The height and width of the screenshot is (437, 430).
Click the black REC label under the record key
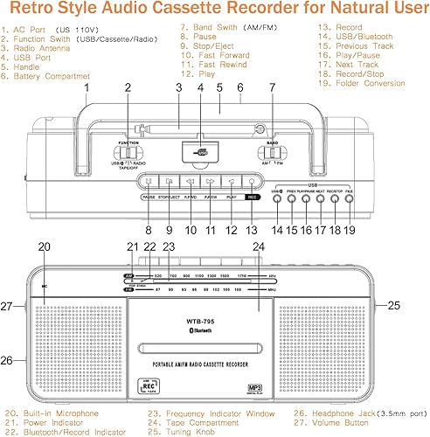(x=252, y=198)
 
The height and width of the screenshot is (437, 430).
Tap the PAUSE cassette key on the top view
(x=149, y=182)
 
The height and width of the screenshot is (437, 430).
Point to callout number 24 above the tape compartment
(x=259, y=247)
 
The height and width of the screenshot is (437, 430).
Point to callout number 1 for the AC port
(x=87, y=88)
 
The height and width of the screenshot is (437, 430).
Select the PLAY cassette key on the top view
(x=231, y=182)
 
